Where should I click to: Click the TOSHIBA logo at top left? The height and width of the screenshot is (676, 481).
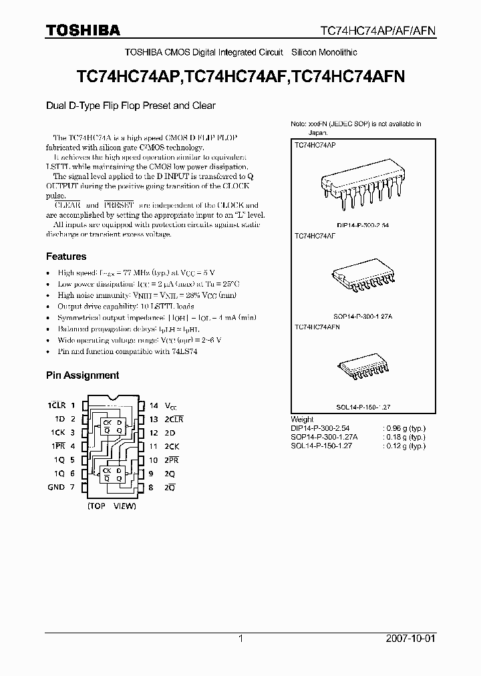(83, 30)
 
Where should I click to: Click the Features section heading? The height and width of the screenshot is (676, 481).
(66, 257)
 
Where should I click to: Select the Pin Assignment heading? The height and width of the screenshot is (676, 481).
(82, 375)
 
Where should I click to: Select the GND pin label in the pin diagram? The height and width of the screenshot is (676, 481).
(56, 487)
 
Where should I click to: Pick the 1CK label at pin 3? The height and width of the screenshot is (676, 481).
(55, 433)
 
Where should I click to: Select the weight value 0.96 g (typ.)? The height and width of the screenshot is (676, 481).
(404, 428)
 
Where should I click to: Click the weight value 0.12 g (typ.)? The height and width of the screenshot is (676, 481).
(404, 445)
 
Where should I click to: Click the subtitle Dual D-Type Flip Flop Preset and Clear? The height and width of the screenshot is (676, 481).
(131, 106)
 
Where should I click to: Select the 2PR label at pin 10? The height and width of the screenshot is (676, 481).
(173, 460)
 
